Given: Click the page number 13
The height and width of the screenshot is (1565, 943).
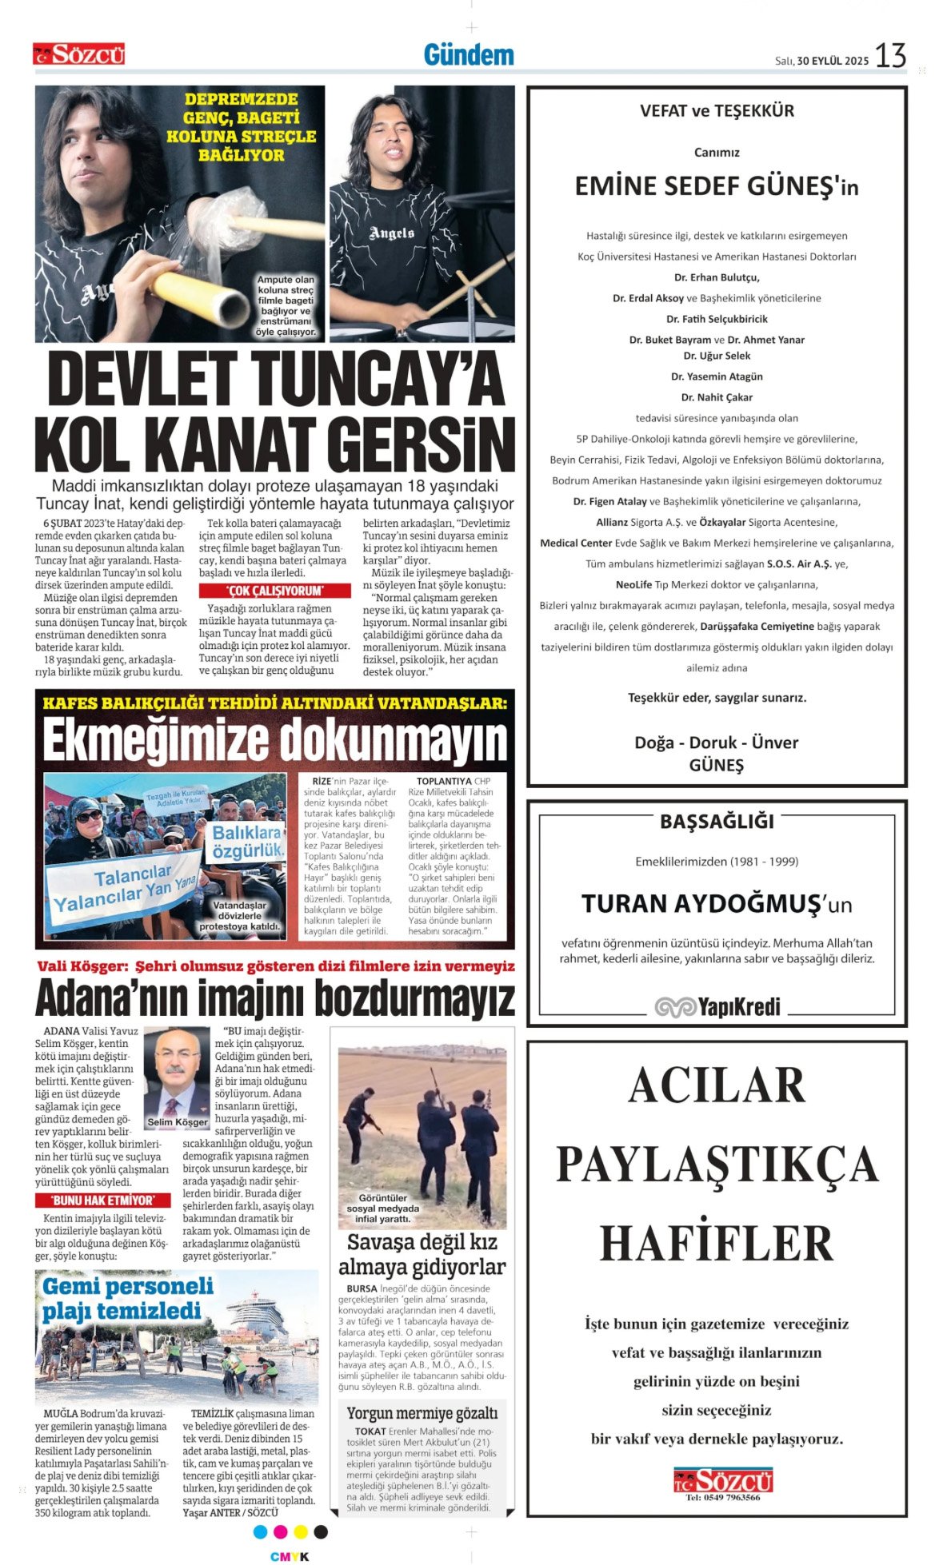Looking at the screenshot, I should click(890, 56).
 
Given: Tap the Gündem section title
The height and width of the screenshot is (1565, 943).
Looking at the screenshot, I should click(469, 55).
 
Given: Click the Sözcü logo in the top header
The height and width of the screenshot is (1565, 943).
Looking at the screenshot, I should click(79, 54).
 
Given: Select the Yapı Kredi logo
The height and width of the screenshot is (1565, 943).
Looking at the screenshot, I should click(717, 1007).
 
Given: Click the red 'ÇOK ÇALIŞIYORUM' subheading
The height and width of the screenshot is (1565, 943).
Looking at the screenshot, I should click(274, 591).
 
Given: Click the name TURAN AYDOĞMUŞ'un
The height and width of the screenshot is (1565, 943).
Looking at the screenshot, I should click(717, 904).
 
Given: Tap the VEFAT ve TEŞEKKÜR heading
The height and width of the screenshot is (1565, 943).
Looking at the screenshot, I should click(717, 111).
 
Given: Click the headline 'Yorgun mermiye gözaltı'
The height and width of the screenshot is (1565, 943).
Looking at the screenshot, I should click(422, 1413).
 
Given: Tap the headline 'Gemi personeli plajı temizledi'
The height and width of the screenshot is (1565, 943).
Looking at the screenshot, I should click(128, 1299).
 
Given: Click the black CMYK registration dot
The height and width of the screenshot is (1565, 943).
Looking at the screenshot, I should click(321, 1531).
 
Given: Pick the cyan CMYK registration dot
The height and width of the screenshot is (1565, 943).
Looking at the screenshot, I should click(260, 1531).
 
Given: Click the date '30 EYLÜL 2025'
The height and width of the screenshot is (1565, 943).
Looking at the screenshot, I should click(833, 61).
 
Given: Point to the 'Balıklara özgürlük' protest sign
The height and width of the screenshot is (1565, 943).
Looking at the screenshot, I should click(248, 842).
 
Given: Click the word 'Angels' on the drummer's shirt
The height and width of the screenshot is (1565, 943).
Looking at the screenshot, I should click(391, 233).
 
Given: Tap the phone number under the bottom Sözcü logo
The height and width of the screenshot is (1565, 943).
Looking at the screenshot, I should click(723, 1497).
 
